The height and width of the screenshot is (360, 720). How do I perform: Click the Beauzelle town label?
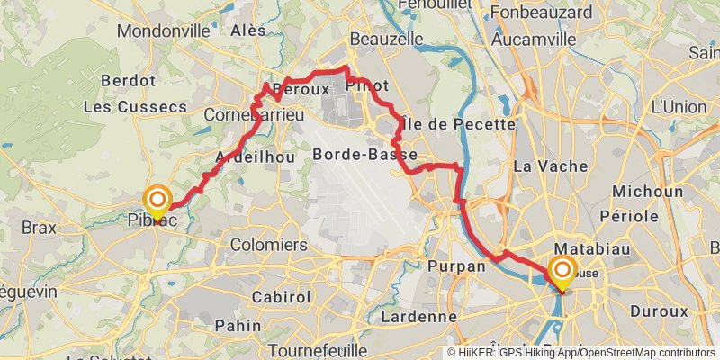386,40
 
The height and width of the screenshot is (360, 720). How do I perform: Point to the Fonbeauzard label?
543,13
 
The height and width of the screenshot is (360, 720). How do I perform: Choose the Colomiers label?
269,245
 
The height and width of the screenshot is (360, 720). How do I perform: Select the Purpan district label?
456,266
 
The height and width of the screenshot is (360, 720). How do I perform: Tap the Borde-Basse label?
364,155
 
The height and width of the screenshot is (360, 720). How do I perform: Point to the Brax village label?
39,228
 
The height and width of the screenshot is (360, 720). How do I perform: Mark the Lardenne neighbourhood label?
418,316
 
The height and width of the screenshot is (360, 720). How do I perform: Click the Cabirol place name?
256,295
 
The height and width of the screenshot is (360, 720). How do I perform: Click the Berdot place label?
129,80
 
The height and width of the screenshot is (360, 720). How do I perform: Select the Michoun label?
647,192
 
